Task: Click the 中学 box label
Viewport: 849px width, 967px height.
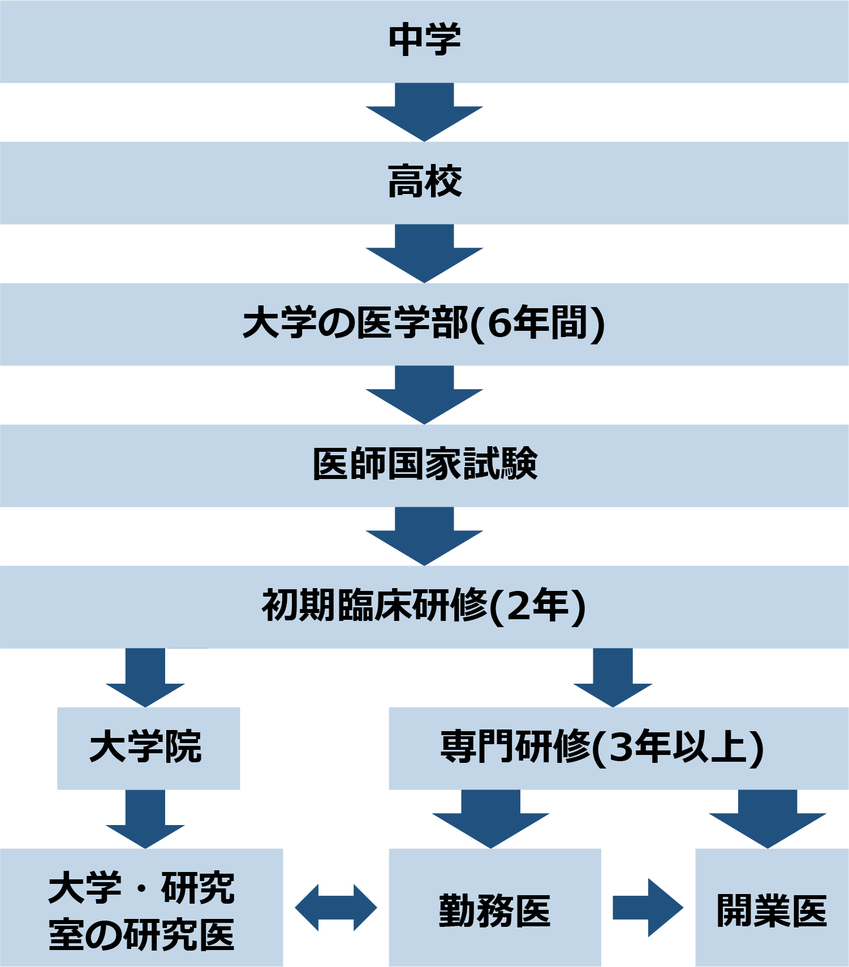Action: (x=424, y=40)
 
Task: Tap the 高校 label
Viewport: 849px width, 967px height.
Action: (x=424, y=182)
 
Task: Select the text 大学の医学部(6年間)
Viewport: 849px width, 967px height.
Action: (x=424, y=323)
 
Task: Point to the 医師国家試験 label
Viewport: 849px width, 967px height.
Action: (x=424, y=464)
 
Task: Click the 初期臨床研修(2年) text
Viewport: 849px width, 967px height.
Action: (x=424, y=606)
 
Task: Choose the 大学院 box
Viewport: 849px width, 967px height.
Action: (x=148, y=748)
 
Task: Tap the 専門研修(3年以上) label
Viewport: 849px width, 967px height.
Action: (x=602, y=748)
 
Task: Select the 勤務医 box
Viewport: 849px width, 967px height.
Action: (x=494, y=908)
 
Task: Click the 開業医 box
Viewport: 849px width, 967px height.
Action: (x=772, y=908)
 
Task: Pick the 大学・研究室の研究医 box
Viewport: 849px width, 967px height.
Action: (x=141, y=908)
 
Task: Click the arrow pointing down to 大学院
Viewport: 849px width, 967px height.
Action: (x=145, y=679)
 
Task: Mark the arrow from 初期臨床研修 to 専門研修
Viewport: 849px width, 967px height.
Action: (x=613, y=679)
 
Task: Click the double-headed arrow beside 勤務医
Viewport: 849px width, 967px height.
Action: (x=336, y=908)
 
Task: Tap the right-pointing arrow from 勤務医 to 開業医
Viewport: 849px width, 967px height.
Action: (x=648, y=908)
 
